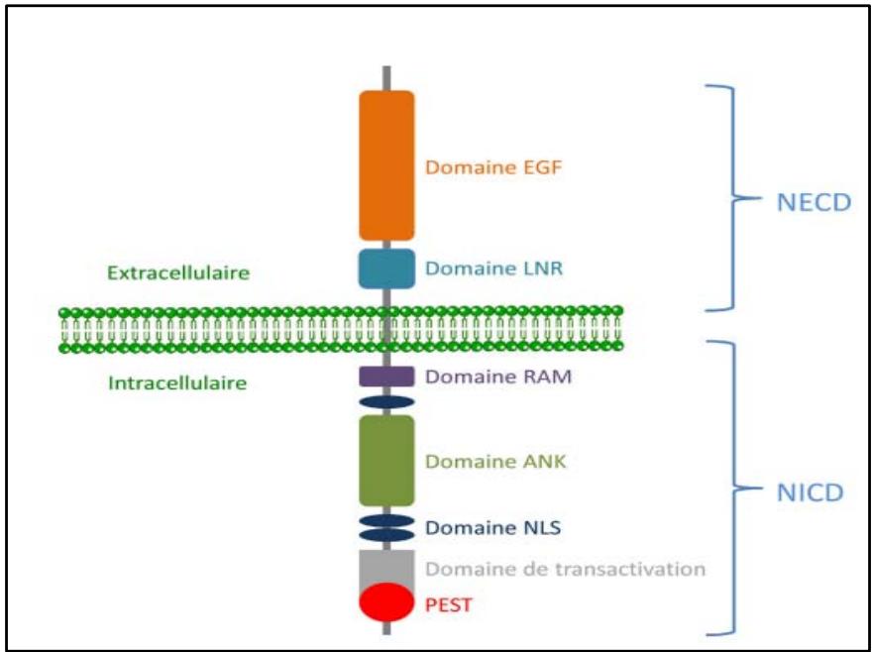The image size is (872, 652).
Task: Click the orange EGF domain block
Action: pyautogui.click(x=386, y=164)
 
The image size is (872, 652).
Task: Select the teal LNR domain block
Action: pyautogui.click(x=386, y=269)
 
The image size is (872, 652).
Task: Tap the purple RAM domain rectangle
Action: pyautogui.click(x=386, y=377)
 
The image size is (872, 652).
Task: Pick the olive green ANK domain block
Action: pyautogui.click(x=386, y=461)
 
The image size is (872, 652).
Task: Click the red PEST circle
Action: pyautogui.click(x=386, y=602)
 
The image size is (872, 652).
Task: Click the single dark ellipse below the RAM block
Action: pyautogui.click(x=386, y=402)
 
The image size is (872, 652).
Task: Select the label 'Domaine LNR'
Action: pyautogui.click(x=481, y=269)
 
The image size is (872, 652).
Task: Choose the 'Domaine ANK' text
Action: pyautogui.click(x=482, y=462)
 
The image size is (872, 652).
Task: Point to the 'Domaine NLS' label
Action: pyautogui.click(x=481, y=527)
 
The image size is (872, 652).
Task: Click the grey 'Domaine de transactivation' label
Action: pyautogui.click(x=565, y=569)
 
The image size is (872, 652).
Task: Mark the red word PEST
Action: pyautogui.click(x=448, y=603)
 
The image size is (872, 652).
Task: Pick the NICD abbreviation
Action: pyautogui.click(x=810, y=490)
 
